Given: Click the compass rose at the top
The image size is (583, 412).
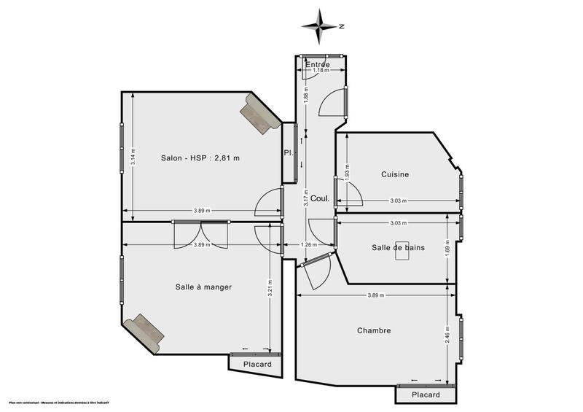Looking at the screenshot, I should pyautogui.click(x=321, y=26).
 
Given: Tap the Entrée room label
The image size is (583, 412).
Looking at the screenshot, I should pyautogui.click(x=318, y=64).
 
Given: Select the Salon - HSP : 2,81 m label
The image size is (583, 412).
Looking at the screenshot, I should pyautogui.click(x=200, y=158).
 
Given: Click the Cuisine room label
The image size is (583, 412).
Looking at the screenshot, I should pyautogui.click(x=395, y=174).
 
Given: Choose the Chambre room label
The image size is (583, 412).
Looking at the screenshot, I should pyautogui.click(x=374, y=330).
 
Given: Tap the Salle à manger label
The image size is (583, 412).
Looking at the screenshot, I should pyautogui.click(x=203, y=287).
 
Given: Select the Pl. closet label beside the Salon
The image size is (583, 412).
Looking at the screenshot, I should pyautogui.click(x=288, y=152).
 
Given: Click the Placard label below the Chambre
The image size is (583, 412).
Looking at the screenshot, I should pyautogui.click(x=426, y=394).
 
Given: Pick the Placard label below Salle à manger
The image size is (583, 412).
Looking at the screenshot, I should pyautogui.click(x=257, y=365).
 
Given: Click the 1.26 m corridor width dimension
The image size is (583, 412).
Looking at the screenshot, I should pyautogui.click(x=309, y=245).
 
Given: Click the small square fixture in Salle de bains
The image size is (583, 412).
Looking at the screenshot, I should pyautogui.click(x=402, y=246).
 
